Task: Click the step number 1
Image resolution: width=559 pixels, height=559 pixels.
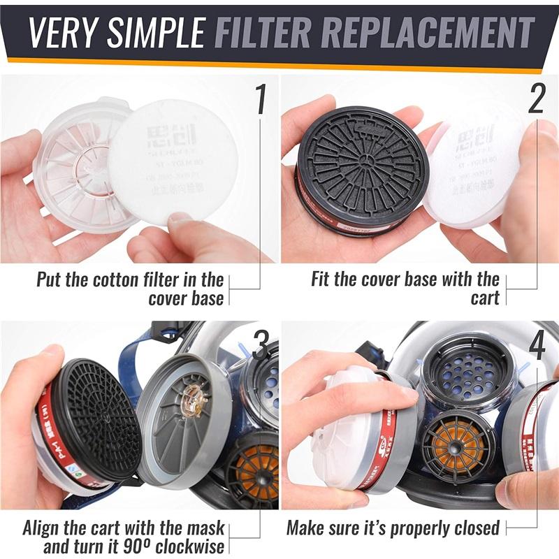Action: click(260, 99)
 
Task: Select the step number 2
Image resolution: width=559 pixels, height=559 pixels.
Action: click(536, 99)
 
